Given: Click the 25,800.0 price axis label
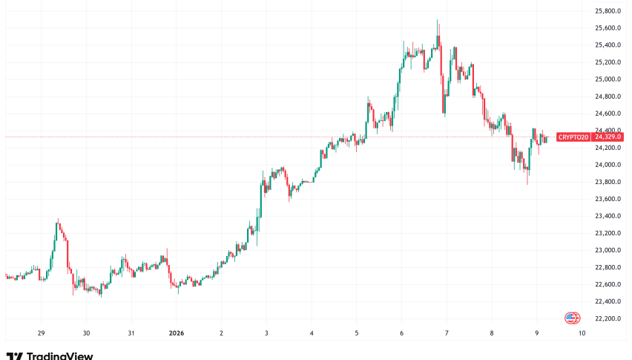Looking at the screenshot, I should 608,11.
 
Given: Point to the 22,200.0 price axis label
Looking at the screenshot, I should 608,318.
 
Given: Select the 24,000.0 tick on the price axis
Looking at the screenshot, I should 608,165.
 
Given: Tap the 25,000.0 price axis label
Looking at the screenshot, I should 608,79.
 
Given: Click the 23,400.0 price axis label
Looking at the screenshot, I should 608,216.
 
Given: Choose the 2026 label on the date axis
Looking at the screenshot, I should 177,333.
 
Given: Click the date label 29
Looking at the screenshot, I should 42,333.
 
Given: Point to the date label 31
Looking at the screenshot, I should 131,333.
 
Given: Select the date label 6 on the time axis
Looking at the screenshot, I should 401,333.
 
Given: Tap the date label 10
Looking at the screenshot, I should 582,333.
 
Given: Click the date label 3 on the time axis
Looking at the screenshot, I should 266,333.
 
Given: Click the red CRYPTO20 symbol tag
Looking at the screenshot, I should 572,137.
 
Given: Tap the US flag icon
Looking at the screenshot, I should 572,318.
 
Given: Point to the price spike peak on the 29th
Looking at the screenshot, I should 58,220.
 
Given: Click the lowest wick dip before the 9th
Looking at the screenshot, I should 527,183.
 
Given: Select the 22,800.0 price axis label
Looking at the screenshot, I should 608,267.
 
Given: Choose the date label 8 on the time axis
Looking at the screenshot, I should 492,333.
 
